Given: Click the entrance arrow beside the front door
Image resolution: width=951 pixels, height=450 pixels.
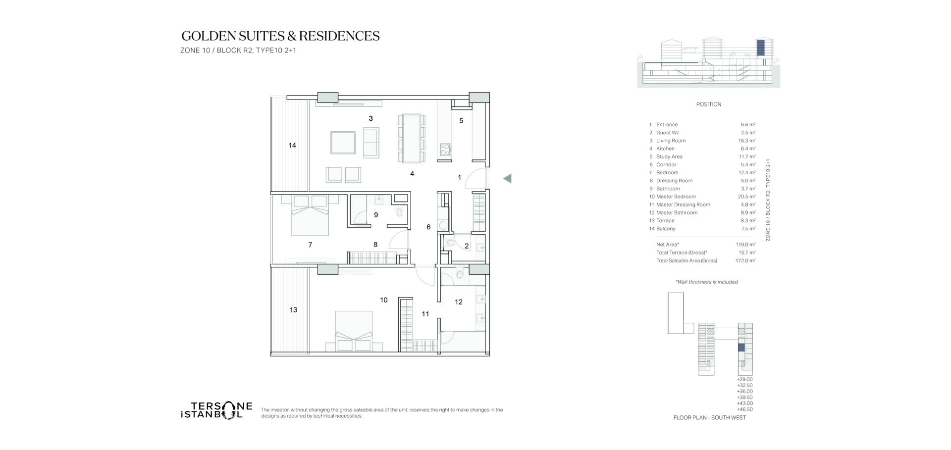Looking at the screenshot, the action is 507,179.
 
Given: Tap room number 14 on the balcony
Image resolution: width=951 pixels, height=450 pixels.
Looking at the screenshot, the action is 292,146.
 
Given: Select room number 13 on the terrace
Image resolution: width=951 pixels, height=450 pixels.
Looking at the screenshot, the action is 293,310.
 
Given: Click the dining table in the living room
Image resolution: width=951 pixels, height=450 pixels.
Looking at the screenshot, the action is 412,139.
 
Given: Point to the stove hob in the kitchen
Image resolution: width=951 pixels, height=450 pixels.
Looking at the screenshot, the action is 445,149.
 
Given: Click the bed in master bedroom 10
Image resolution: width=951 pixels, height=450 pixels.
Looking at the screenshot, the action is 354,331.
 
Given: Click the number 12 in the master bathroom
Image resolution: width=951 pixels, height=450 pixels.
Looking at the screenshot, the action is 459,302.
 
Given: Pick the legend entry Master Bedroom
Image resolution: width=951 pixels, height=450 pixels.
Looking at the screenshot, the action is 676,197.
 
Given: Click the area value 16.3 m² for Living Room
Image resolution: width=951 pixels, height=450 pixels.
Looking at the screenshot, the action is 746,141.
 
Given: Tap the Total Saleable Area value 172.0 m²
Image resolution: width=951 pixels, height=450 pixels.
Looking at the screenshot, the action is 745,260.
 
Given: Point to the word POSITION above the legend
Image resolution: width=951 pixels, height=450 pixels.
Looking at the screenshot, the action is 709,104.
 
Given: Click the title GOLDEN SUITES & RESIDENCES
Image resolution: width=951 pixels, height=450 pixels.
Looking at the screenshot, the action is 280,36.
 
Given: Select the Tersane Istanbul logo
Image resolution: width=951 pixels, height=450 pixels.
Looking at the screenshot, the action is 216,410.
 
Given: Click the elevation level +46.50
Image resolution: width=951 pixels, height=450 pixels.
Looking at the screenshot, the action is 744,409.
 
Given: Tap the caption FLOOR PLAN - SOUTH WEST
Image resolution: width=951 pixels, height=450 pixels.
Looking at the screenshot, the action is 710,418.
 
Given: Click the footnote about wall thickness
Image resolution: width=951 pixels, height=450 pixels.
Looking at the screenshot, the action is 707,282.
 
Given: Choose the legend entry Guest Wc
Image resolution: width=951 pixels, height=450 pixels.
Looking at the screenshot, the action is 668,133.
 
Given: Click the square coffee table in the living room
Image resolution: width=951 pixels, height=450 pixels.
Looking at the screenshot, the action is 343,143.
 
